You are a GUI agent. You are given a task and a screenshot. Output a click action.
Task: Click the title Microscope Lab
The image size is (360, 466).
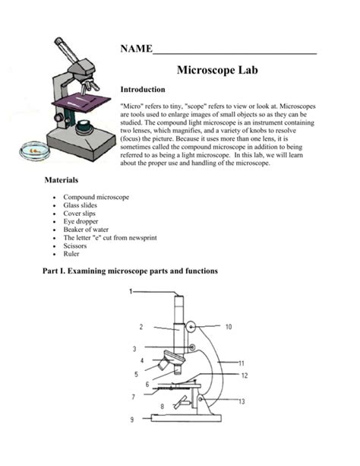(x=218, y=70)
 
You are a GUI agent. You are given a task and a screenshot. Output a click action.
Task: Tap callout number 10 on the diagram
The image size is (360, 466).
(x=229, y=327)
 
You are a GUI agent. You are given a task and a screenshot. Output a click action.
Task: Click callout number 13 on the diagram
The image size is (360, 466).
(x=242, y=401)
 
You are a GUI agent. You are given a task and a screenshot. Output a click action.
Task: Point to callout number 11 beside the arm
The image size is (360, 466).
(x=242, y=362)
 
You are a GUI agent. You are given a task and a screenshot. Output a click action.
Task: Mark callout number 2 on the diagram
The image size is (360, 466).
(x=141, y=328)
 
